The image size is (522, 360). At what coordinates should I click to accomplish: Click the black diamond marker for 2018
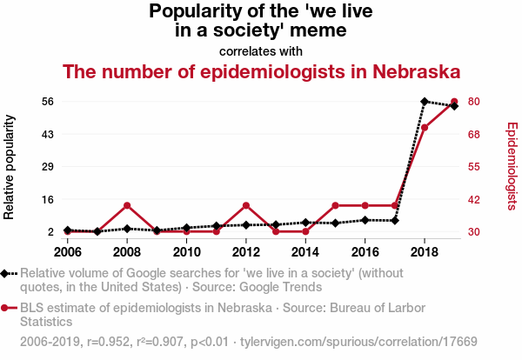(425, 102)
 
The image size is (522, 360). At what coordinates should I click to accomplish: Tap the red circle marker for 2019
(454, 102)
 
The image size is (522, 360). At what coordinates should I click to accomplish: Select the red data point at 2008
(127, 205)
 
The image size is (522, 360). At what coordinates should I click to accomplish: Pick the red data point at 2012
(246, 205)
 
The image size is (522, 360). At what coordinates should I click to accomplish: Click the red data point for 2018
(425, 128)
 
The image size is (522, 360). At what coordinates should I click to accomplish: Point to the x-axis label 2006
(67, 252)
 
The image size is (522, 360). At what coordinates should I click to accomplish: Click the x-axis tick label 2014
(305, 252)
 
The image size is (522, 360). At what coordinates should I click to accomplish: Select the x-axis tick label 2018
(425, 252)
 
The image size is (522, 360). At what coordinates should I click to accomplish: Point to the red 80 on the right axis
(473, 102)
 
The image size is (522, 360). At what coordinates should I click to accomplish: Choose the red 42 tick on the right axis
(473, 199)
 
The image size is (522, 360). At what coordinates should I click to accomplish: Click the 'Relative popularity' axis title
(10, 165)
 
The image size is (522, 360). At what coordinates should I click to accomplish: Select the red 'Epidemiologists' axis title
(512, 165)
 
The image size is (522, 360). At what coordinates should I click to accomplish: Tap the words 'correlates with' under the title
(260, 50)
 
